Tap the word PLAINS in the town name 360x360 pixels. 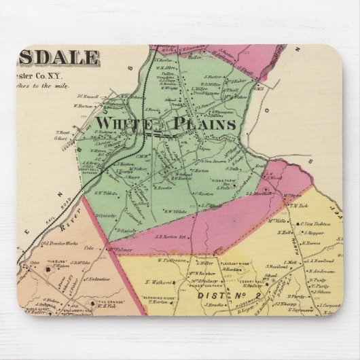click(204, 124)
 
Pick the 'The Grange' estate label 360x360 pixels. click(101, 300)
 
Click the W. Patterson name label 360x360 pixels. click(172, 259)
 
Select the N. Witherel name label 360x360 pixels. click(158, 279)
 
